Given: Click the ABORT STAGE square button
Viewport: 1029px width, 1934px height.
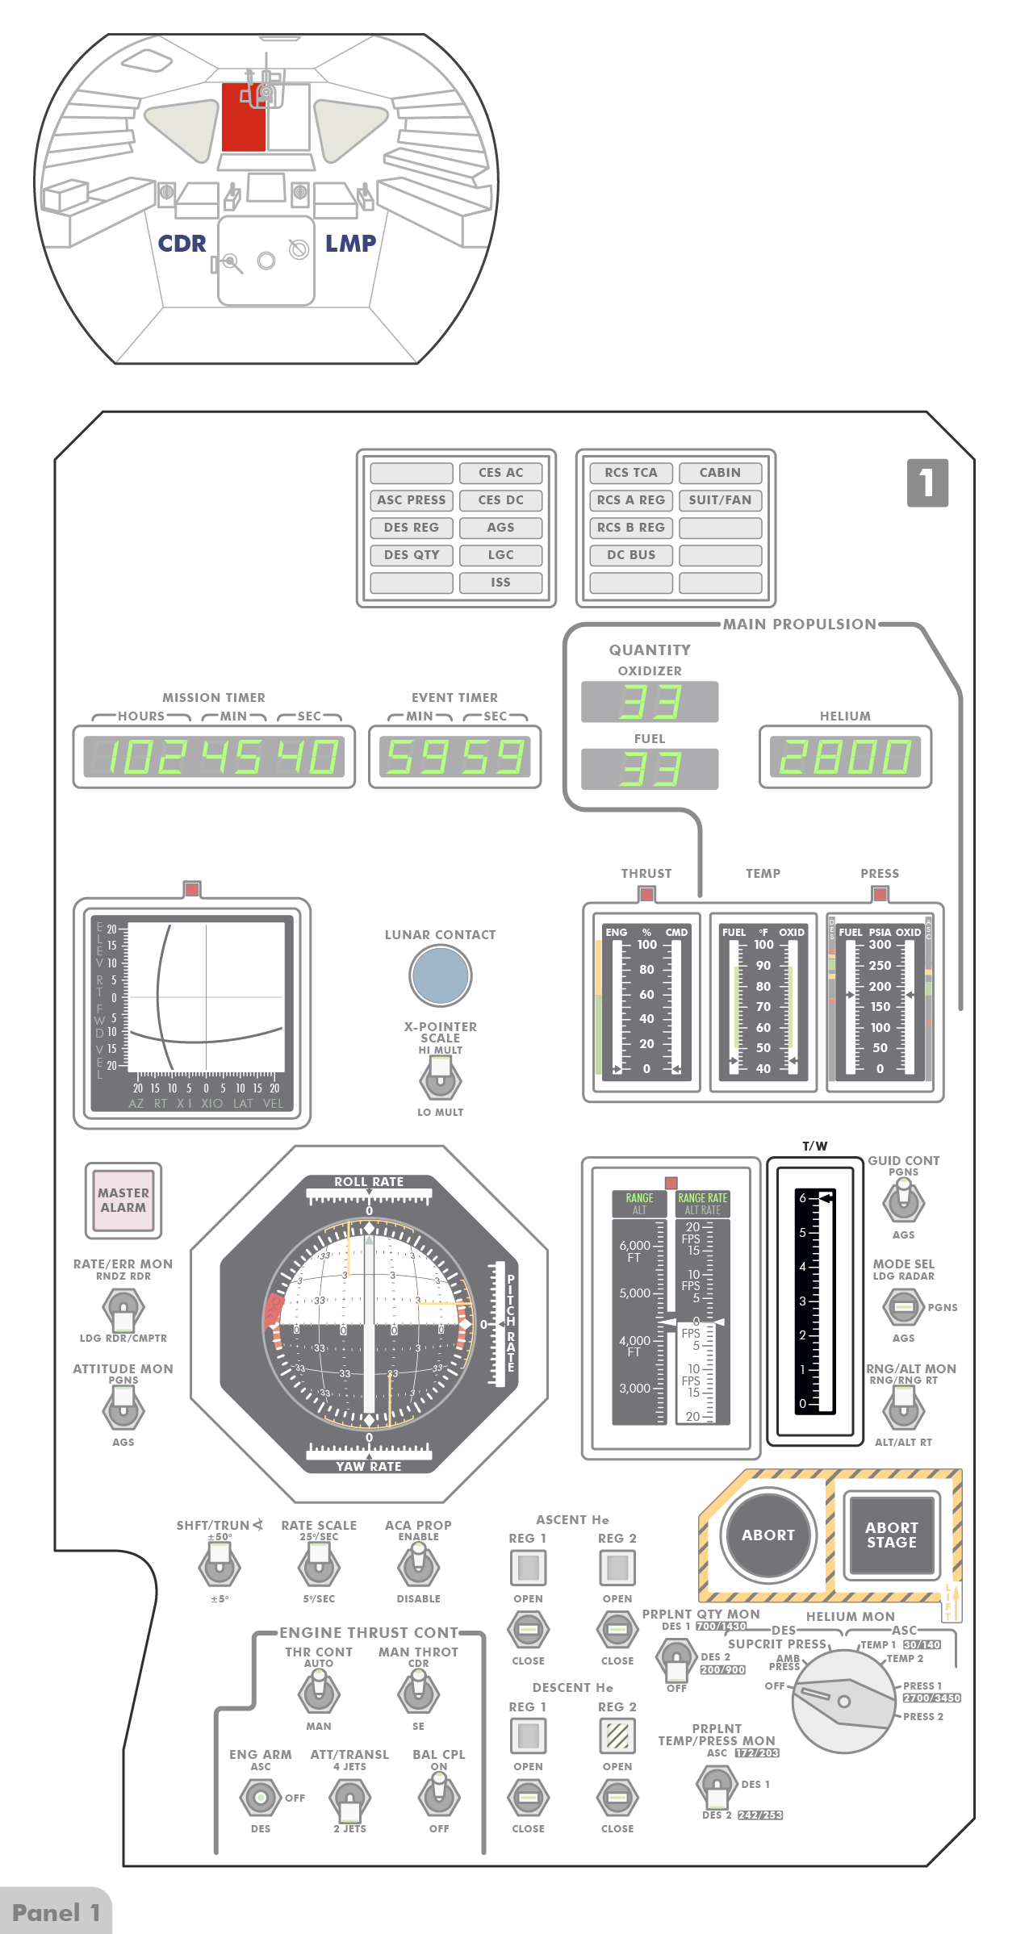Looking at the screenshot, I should (891, 1535).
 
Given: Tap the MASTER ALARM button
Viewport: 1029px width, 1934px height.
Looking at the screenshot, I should (123, 1200).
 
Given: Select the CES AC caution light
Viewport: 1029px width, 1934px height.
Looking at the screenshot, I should (500, 473).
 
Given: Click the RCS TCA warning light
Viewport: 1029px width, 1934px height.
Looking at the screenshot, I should (631, 473).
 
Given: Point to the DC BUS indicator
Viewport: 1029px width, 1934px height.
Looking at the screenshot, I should (631, 555).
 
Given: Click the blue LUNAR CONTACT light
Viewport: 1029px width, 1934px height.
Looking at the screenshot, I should (440, 975).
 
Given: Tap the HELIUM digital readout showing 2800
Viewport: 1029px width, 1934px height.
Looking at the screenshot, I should (844, 757).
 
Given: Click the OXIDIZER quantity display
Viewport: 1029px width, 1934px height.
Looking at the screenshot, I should (650, 702).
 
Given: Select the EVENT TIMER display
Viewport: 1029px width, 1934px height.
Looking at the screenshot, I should (454, 757).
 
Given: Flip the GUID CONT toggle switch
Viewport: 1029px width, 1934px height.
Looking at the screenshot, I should (903, 1200).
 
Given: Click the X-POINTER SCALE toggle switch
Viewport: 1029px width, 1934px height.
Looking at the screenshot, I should (440, 1078).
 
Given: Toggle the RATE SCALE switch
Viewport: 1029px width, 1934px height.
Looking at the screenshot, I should (319, 1566).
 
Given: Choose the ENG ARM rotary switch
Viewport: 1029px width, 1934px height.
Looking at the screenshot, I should (260, 1797).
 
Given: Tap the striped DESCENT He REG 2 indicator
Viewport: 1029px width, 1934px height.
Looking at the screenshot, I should (617, 1736).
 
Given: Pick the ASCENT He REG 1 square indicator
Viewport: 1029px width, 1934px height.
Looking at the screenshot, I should (528, 1568).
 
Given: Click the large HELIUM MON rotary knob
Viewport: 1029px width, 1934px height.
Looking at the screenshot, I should (844, 1701).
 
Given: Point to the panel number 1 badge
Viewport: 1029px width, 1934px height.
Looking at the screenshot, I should (927, 482).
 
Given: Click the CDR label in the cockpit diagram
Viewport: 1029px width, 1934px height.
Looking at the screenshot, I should (182, 244).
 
